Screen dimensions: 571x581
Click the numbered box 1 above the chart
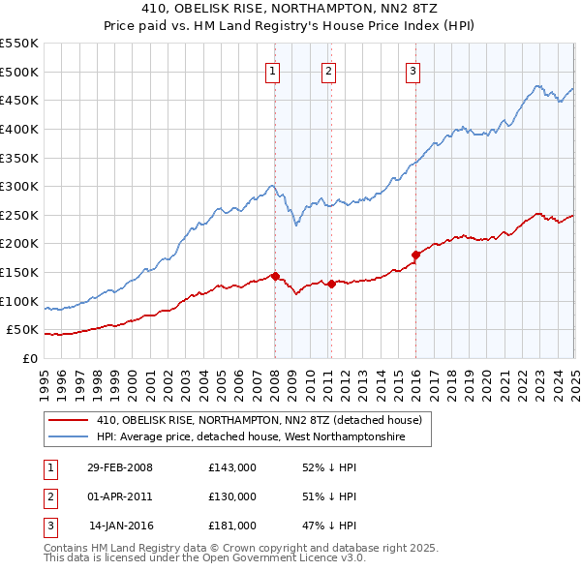coord(273,70)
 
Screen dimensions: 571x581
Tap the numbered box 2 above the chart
coord(329,70)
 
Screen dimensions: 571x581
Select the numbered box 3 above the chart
coord(413,70)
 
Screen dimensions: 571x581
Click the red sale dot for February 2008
coord(275,276)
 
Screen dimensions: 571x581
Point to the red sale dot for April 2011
coord(330,284)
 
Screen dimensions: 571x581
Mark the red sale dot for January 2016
coord(415,255)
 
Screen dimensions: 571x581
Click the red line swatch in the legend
coord(68,421)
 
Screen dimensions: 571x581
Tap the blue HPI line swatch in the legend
coord(68,437)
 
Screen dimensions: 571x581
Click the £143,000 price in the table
coord(232,467)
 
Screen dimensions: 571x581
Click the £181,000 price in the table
coord(232,526)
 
